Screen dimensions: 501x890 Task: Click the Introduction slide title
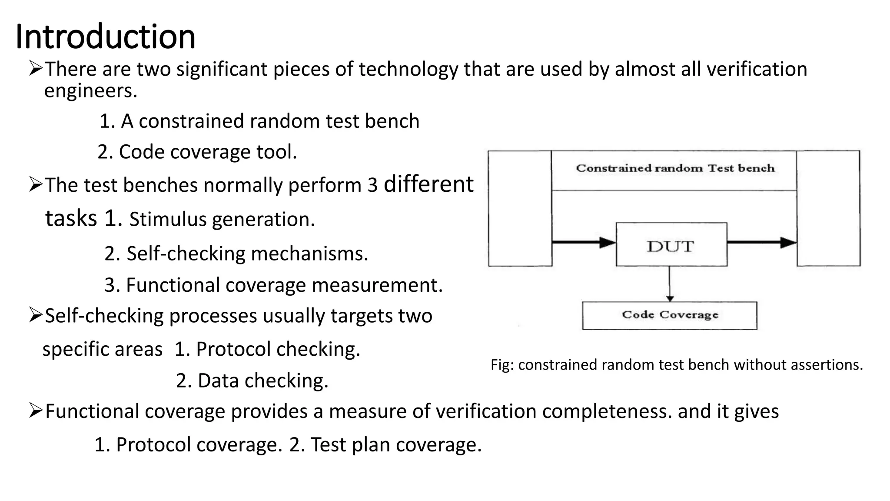tap(105, 37)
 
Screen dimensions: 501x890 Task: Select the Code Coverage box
tap(669, 315)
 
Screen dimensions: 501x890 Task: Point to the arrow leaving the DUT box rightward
tap(761, 242)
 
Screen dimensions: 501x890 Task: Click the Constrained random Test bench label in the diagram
tap(675, 168)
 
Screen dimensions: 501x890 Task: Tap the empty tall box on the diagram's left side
tap(520, 208)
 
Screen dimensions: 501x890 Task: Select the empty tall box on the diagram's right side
tap(828, 208)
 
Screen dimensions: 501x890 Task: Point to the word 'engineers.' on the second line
tap(90, 91)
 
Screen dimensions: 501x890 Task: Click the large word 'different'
tap(428, 184)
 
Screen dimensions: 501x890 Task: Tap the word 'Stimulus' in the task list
tap(168, 219)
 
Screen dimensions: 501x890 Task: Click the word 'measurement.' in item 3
tap(377, 285)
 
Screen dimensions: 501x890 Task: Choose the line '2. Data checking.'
tap(252, 381)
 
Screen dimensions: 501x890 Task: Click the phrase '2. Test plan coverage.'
tap(385, 444)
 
